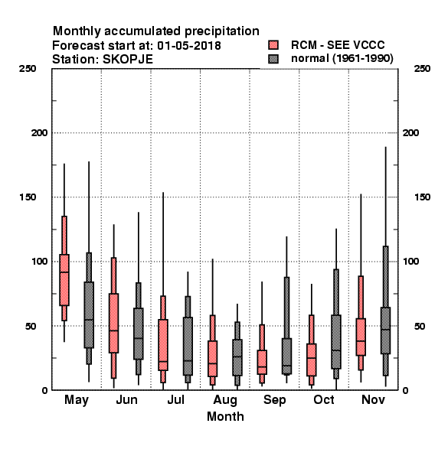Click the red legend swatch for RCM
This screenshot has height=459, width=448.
[273, 45]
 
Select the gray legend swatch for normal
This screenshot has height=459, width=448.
[273, 59]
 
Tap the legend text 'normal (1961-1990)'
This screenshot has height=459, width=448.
[342, 58]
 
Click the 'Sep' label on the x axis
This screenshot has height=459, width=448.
[274, 400]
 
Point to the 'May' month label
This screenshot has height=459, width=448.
[77, 400]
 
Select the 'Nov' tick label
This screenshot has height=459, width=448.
[373, 399]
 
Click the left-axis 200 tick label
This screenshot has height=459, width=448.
[39, 132]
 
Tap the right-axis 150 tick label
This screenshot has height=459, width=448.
[422, 197]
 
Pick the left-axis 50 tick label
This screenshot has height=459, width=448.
[31, 326]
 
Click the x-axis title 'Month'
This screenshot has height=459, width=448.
[225, 417]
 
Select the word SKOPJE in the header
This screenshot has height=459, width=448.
[128, 60]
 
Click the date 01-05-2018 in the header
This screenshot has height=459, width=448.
[189, 45]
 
